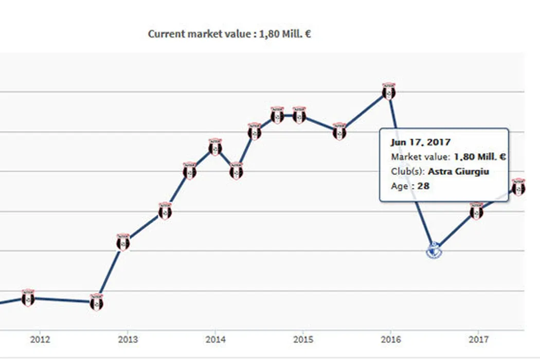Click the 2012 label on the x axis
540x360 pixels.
[40, 339]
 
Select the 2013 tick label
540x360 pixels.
[128, 339]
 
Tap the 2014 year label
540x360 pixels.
[215, 339]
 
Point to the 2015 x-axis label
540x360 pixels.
[302, 339]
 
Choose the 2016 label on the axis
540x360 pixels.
[390, 339]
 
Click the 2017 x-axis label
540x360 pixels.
[478, 339]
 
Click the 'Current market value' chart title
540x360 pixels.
[229, 34]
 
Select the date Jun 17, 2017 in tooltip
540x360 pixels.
[420, 142]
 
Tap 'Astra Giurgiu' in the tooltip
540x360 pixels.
[458, 171]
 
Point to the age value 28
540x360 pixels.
[423, 186]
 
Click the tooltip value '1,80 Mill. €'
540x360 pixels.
[479, 157]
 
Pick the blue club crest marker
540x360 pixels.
[434, 250]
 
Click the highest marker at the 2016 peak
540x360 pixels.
[389, 92]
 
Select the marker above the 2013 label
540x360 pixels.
[123, 242]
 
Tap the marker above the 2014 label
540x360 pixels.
[215, 148]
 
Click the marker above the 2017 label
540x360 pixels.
[477, 211]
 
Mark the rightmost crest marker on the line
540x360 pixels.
[518, 187]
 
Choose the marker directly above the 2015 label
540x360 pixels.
[299, 115]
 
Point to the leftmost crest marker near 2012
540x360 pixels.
[28, 298]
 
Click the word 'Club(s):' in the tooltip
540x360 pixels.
[408, 171]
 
